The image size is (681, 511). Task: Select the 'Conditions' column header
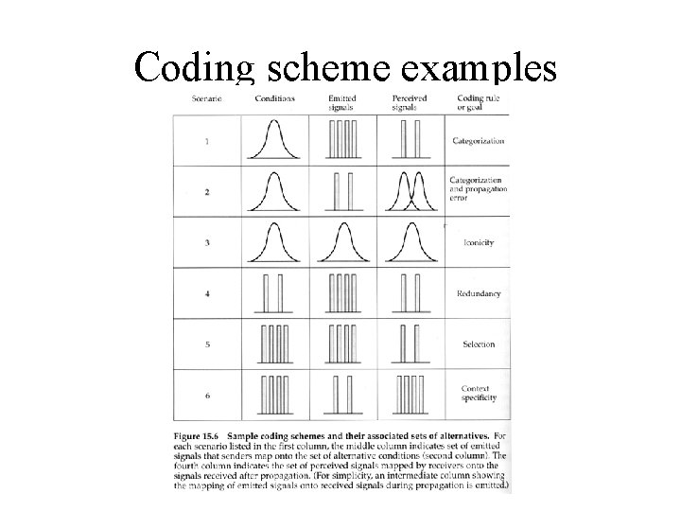275,98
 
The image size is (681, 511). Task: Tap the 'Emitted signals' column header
341,102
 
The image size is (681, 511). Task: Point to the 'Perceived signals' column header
409,102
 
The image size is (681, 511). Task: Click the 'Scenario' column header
206,98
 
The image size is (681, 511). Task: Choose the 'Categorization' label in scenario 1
479,141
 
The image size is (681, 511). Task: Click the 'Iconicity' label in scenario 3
479,243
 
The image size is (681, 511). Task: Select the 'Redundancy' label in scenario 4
479,294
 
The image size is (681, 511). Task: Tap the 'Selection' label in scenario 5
479,344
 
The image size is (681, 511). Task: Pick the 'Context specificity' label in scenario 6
479,394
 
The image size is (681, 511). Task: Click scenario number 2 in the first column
207,192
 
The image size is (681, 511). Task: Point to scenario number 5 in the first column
207,344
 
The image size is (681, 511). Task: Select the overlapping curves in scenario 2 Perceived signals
410,190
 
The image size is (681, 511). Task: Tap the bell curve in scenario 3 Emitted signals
342,241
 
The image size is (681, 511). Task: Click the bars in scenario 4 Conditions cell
274,293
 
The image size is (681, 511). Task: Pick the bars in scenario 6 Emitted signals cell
342,394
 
